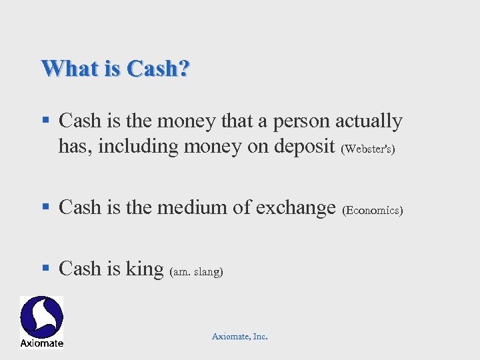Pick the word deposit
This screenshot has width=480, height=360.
click(304, 147)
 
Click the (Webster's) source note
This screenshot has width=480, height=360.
click(368, 149)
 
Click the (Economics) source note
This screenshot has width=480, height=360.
click(372, 210)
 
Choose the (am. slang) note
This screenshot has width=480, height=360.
click(197, 271)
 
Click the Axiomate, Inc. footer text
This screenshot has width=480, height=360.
click(240, 337)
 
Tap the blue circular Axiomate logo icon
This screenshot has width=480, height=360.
click(41, 317)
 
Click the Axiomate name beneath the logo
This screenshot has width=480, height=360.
click(41, 343)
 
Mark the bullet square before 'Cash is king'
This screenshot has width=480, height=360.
click(45, 269)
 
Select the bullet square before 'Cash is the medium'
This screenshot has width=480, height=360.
click(45, 207)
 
